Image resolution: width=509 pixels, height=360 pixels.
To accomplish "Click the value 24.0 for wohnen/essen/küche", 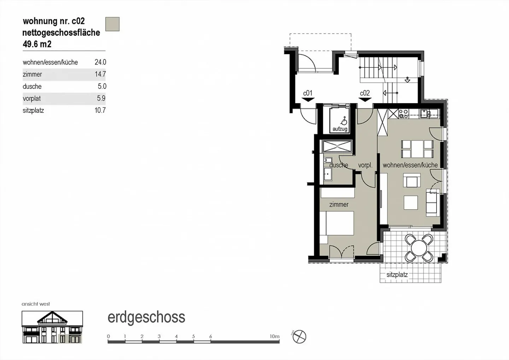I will coord(100,62).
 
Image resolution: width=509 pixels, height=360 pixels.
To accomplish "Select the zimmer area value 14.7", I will coord(100,74).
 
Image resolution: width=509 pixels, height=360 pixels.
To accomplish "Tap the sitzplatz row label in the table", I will coord(33,110).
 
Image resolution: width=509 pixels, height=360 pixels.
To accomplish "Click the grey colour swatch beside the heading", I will coord(112,24).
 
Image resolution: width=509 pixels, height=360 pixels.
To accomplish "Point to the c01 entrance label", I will coord(308,93).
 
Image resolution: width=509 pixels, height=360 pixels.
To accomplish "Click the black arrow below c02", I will coord(365,100).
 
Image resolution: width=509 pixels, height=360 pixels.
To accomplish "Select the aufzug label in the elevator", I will coord(340,129).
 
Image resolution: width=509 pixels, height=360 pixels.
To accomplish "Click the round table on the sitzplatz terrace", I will coord(419,248).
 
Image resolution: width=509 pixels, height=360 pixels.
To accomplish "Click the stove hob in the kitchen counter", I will coord(403,114).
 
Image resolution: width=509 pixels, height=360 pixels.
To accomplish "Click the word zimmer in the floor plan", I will coord(339,204).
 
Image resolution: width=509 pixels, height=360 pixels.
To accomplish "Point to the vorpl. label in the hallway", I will coord(365,165).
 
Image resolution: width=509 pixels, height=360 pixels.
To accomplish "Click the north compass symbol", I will coord(300,336).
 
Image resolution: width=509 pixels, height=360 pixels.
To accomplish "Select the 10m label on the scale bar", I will coord(274,336).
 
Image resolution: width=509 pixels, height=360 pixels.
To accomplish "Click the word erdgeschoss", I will coord(146,317).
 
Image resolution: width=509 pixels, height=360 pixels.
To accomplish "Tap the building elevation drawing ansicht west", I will coord(52,327).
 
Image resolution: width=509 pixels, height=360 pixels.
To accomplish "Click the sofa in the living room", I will coord(433,203).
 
